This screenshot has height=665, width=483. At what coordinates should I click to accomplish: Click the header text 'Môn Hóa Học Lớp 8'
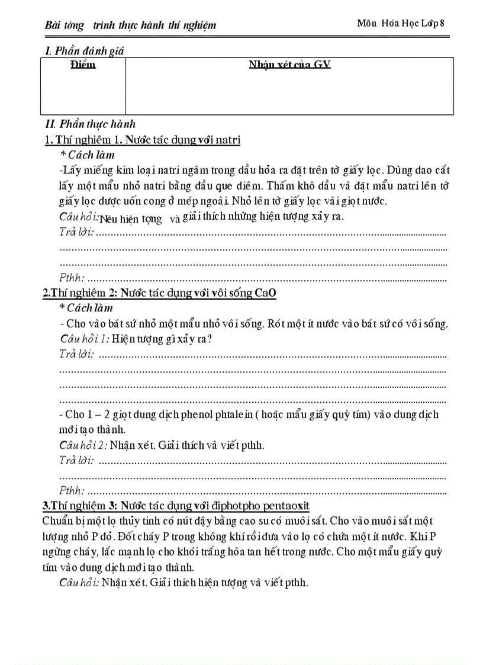click(400, 23)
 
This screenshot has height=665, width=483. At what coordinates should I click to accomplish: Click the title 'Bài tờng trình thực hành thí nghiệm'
click(130, 25)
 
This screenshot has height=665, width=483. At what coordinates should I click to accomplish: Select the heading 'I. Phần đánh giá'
click(85, 51)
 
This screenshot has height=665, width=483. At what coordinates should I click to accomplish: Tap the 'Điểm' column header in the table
click(83, 65)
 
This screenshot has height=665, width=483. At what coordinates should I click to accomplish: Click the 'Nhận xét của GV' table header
click(289, 65)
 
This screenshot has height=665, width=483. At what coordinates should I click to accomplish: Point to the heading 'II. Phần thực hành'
click(90, 124)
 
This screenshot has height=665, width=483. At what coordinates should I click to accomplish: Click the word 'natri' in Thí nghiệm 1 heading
click(227, 140)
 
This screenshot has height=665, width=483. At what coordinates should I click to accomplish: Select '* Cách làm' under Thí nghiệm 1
click(86, 155)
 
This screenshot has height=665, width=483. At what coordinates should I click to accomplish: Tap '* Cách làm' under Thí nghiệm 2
click(86, 308)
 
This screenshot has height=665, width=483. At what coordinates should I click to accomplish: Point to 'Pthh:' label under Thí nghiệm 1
click(72, 277)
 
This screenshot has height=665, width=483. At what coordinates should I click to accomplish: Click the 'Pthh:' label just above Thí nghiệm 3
click(72, 490)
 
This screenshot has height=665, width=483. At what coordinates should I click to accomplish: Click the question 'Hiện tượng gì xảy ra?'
click(162, 339)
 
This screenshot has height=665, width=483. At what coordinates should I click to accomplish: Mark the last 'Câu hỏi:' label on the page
click(79, 582)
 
